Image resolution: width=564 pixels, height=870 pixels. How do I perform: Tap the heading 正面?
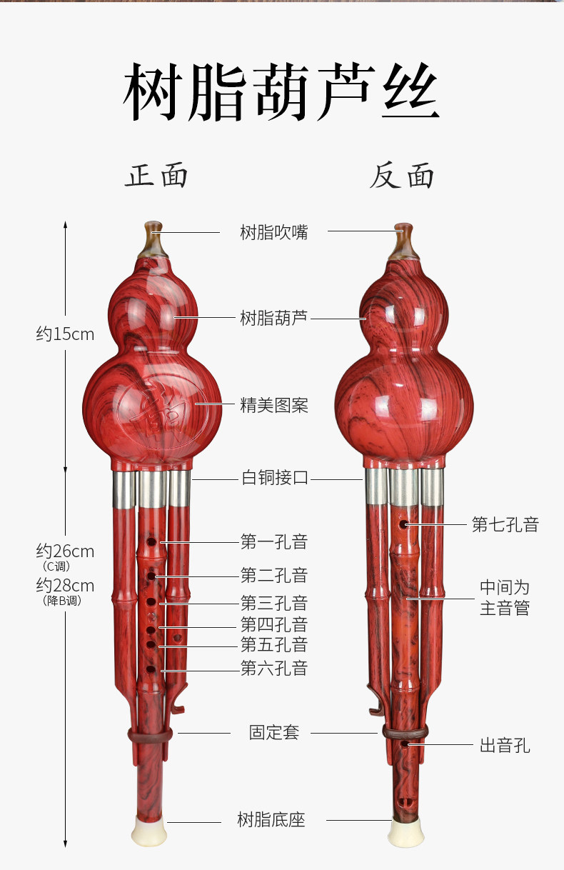157,176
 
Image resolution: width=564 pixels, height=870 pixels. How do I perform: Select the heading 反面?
402,176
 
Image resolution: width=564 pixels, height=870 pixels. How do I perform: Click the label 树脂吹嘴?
274,232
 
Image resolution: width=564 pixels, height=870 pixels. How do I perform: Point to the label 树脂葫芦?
274,318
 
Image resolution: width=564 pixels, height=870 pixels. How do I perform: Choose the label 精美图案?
274,406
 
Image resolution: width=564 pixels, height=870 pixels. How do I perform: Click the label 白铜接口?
274,478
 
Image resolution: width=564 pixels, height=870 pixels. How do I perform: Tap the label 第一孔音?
274,542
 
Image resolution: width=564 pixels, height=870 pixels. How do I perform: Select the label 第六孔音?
274,669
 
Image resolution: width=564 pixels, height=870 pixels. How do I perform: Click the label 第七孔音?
505,525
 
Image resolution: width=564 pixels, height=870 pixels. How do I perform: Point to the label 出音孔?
505,746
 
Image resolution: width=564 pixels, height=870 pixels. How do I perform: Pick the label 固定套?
274,732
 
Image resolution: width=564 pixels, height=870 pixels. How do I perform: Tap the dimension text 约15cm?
65,334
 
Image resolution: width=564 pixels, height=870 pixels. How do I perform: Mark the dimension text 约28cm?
65,586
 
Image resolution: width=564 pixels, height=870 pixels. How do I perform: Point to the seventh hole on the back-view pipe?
404,524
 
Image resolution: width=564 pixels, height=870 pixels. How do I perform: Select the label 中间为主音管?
505,598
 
